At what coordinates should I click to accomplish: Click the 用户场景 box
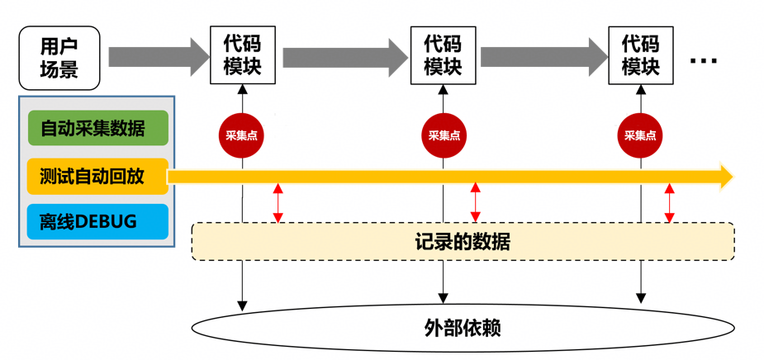coord(59,58)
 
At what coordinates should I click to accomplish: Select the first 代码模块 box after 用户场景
coord(242,54)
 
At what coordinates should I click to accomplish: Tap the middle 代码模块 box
coord(443,54)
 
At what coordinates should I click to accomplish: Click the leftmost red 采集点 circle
coord(242,135)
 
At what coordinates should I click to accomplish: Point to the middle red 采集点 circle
coord(444,135)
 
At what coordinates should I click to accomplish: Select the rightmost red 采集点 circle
coord(641,135)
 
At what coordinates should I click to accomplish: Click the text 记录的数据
coord(463,242)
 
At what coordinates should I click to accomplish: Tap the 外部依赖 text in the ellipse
coord(463,328)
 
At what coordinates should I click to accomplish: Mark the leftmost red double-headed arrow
coord(278,203)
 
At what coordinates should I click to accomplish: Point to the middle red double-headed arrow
coord(475,203)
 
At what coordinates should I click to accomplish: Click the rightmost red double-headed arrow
coord(670,203)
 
